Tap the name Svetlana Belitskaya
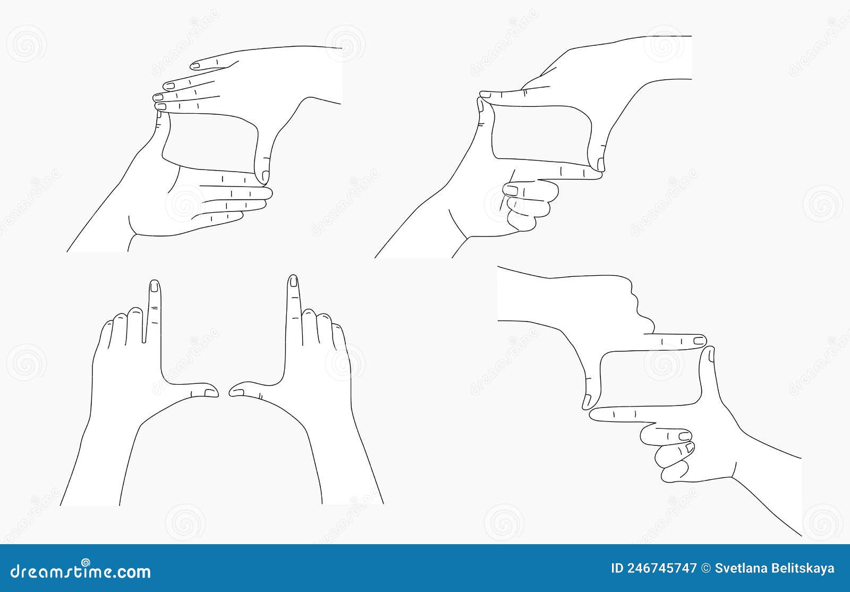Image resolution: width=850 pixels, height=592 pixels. (x=775, y=568)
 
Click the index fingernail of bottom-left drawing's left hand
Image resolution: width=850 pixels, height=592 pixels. (x=154, y=287)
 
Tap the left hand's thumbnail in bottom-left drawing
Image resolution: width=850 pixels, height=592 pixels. (x=211, y=393)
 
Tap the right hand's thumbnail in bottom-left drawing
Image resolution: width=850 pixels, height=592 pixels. (x=236, y=392)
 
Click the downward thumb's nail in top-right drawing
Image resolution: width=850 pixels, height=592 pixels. (x=601, y=163)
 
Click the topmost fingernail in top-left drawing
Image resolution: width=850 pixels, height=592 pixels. (x=195, y=66)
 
